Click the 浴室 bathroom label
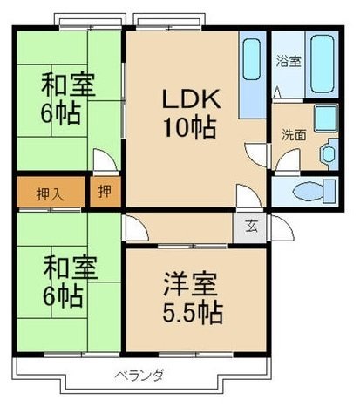coord(287,62)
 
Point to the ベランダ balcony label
coord(140,377)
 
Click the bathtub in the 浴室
coord(323,64)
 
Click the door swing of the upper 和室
coord(105,162)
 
